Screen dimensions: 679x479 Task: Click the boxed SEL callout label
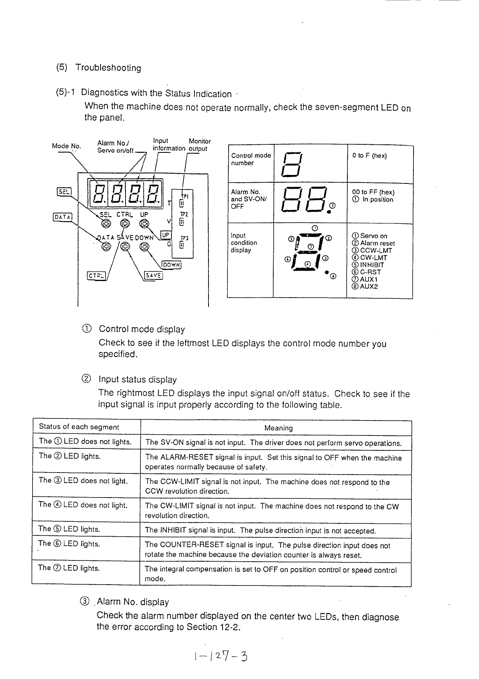point(64,192)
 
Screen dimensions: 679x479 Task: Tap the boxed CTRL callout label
point(95,275)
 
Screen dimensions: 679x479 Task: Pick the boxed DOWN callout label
point(172,265)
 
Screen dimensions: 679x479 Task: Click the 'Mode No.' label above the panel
point(66,146)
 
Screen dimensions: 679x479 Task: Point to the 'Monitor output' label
point(199,145)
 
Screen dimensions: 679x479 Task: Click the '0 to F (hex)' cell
point(370,156)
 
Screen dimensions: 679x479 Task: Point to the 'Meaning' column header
point(279,428)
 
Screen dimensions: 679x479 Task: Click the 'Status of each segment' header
point(79,427)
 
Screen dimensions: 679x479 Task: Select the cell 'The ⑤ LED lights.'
point(69,529)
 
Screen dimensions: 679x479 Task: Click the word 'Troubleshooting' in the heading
point(108,68)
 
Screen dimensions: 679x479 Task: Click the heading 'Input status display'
point(138,379)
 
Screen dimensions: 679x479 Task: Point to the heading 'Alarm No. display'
point(133,602)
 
